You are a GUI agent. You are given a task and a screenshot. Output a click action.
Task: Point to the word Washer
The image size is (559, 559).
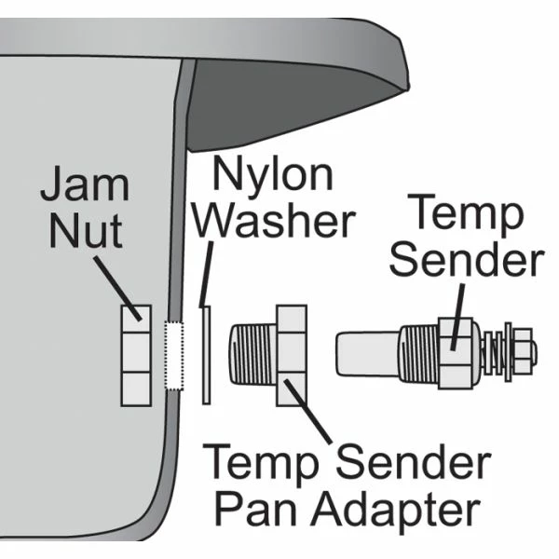pos(279,222)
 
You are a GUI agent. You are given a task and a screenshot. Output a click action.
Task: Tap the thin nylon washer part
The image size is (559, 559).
pos(207,355)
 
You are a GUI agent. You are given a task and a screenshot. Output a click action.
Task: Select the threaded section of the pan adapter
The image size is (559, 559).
pos(249,355)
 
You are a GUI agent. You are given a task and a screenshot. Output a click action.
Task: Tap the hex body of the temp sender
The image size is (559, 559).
pos(454,355)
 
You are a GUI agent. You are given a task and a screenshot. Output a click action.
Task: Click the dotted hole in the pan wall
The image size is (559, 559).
pos(171,356)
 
